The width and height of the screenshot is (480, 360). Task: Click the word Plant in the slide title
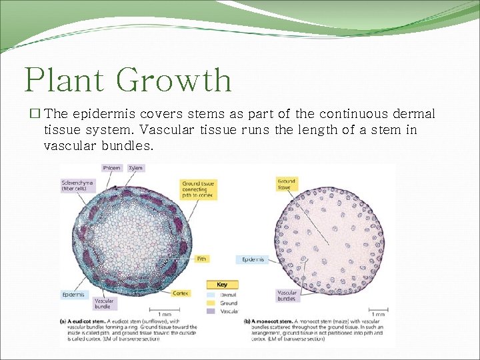(x=63, y=80)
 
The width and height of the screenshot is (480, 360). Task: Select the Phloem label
(x=112, y=168)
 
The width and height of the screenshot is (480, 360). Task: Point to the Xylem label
(x=135, y=168)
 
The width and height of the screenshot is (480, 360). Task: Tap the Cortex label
(x=181, y=293)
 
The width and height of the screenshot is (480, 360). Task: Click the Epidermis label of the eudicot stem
(x=73, y=294)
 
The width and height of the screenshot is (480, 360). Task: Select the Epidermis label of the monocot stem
(x=253, y=259)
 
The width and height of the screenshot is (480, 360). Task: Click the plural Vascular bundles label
(x=287, y=295)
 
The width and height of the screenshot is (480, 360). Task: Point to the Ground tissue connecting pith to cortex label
(x=198, y=190)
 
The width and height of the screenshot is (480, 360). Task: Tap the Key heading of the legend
(x=222, y=285)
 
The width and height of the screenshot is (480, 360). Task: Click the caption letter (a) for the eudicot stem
(x=64, y=321)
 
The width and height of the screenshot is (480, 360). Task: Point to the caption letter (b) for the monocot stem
(x=247, y=321)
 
